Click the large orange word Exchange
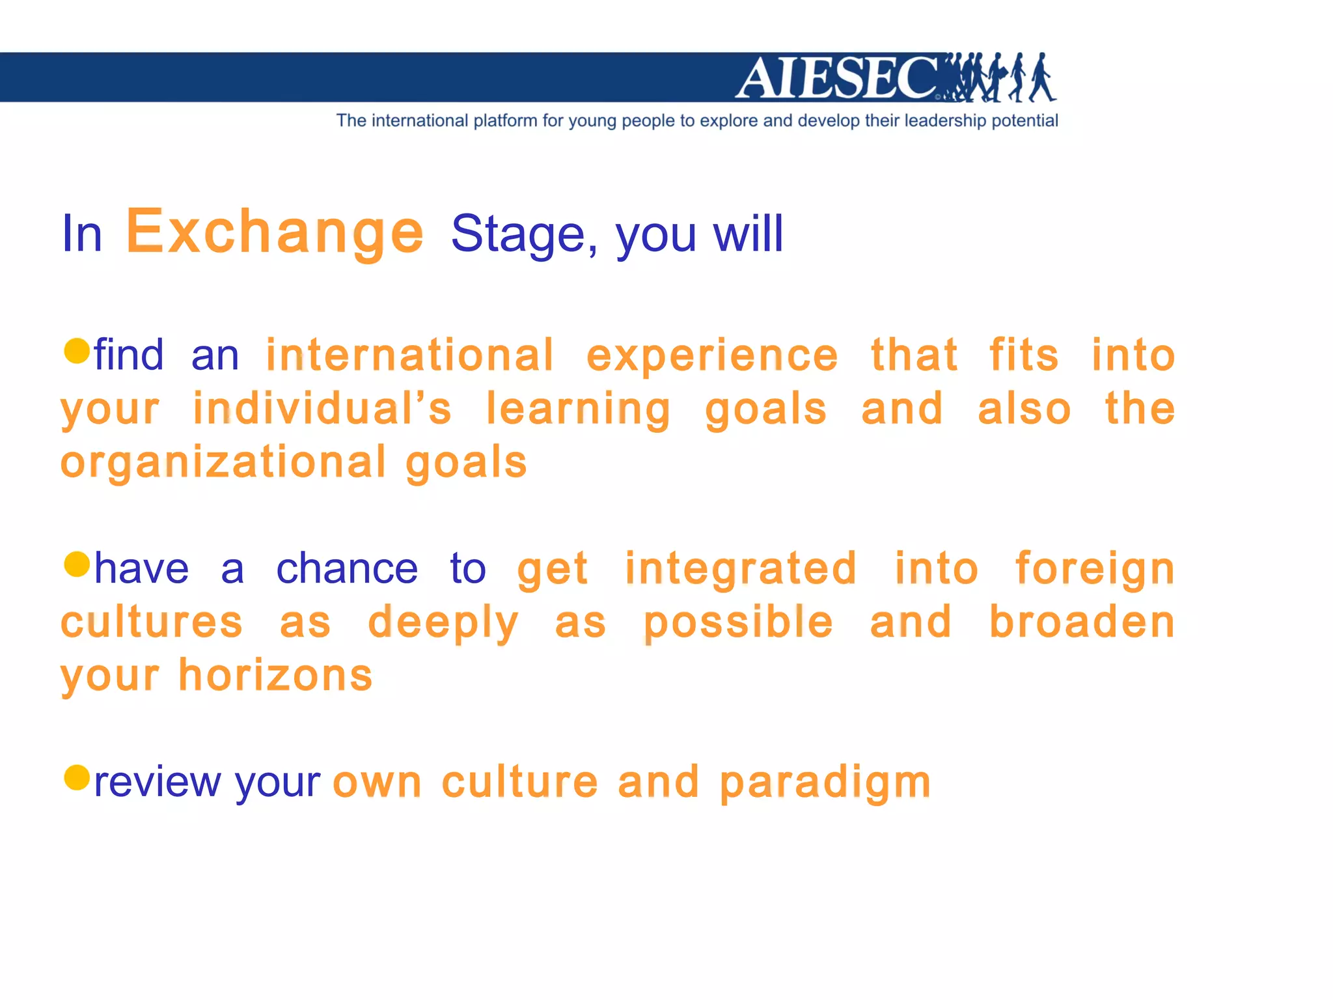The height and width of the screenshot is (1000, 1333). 275,232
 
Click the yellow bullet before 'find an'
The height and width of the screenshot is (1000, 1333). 77,351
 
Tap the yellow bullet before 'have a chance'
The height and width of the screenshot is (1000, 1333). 77,564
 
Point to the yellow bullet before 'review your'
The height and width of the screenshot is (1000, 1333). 77,777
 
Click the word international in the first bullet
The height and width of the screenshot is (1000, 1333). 410,355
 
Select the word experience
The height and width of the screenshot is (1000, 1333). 712,357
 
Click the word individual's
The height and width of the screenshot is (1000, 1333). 322,409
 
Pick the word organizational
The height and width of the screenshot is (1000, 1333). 223,464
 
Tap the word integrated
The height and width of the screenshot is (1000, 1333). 740,569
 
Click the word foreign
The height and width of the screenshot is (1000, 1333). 1095,569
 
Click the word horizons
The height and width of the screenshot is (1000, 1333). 275,675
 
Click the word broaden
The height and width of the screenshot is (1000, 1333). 1082,622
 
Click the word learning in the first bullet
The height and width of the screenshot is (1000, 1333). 578,410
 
